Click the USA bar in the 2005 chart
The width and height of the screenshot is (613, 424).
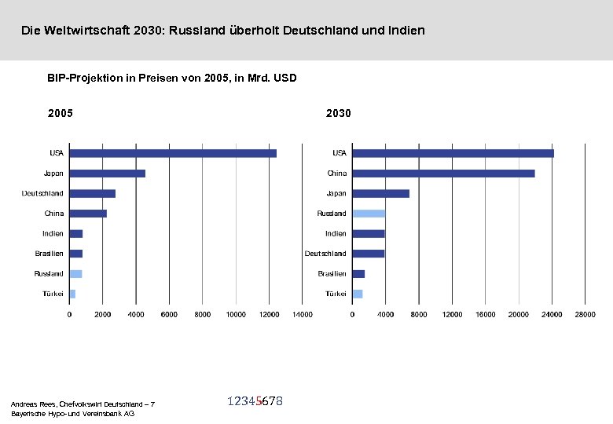[173, 153]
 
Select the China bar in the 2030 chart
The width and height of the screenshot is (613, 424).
[443, 174]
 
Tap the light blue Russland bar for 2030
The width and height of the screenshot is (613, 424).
[369, 214]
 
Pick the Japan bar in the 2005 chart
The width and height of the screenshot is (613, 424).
[108, 174]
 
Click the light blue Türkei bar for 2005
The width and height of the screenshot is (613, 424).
[72, 294]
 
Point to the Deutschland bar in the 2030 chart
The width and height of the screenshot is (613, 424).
[369, 254]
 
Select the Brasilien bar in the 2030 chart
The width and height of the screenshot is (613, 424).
[358, 274]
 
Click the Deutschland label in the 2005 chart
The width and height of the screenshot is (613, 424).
[42, 193]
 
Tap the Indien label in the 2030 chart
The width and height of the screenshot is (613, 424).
[336, 234]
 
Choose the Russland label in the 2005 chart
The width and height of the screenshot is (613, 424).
[49, 274]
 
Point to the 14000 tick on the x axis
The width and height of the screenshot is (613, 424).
[302, 315]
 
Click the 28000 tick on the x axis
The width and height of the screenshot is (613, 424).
[585, 315]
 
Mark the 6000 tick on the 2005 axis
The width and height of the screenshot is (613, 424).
[169, 315]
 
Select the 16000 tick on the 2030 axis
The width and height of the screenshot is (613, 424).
[485, 315]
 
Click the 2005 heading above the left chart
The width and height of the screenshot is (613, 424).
[61, 113]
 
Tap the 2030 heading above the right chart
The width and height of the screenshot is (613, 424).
[339, 113]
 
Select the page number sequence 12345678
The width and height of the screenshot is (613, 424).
[255, 401]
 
